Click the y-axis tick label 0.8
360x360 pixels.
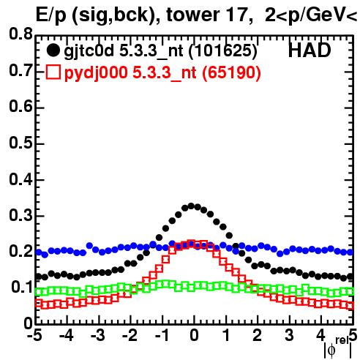pos(20,34)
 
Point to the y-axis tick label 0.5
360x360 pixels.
pos(20,143)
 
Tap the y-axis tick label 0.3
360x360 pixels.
pos(20,215)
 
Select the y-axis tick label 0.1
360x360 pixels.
pos(22,287)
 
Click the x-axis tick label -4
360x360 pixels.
pos(66,335)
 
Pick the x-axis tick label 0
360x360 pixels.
pos(194,335)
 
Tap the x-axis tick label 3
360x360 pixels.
pos(289,335)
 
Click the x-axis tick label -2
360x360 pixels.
pos(130,335)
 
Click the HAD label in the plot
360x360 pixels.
pos(310,50)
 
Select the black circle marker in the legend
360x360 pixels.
pos(53,50)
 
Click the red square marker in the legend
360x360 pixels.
pos(53,72)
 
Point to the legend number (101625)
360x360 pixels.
pos(223,51)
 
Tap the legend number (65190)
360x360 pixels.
pos(231,72)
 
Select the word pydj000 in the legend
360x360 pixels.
pos(96,73)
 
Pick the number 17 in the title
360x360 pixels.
pos(236,15)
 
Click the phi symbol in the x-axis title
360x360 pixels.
pos(331,350)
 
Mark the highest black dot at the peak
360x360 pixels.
pos(191,206)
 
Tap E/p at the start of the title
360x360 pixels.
pos(51,15)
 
